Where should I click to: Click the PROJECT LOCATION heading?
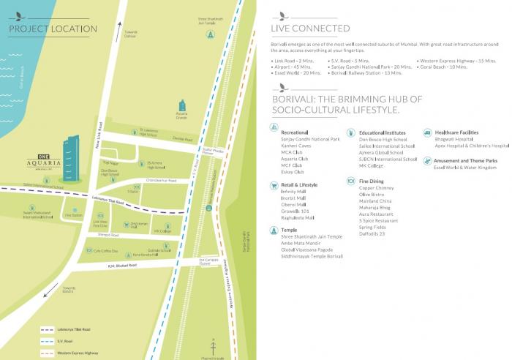[x=53, y=29]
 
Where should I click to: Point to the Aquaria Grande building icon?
[x=182, y=107]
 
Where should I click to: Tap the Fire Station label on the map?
[x=73, y=216]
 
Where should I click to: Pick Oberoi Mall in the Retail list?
[x=293, y=204]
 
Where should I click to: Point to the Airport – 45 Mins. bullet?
[x=293, y=66]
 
